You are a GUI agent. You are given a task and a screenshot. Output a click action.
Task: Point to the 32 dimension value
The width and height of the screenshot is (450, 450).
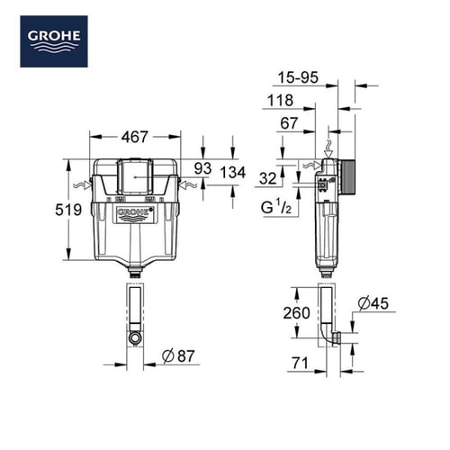(x=269, y=178)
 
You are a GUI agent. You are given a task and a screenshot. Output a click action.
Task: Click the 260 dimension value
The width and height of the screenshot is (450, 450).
(x=296, y=313)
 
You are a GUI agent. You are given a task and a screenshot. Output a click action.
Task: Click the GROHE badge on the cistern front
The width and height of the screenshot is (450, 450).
(x=135, y=214)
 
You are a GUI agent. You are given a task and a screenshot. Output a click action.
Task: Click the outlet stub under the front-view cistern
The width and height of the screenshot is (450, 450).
(x=135, y=271)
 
